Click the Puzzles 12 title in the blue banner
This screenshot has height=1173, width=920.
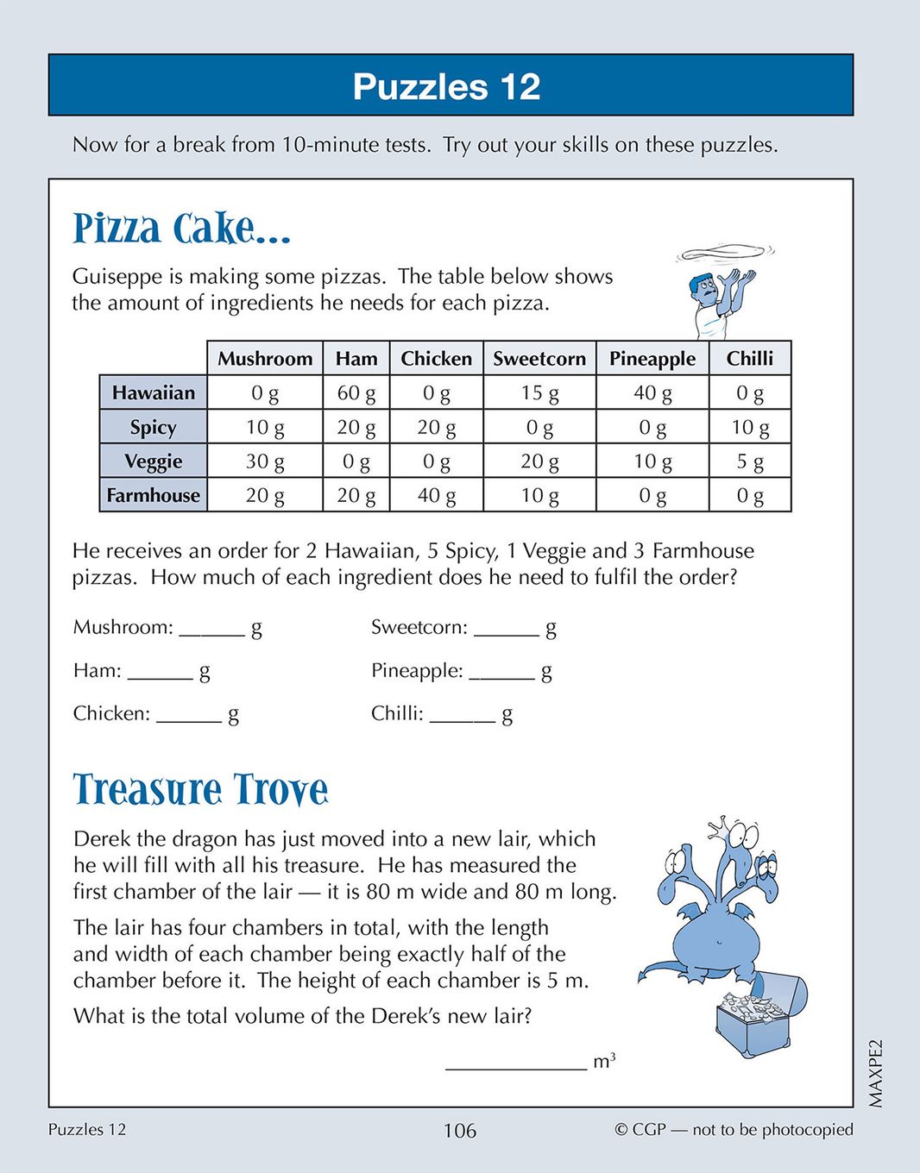click(x=446, y=86)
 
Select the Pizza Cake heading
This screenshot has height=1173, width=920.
click(x=181, y=229)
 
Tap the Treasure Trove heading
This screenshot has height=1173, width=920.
click(x=200, y=789)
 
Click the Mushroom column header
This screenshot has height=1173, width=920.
click(x=265, y=359)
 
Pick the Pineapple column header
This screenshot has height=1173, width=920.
click(x=652, y=359)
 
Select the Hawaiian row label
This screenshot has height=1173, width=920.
click(x=154, y=393)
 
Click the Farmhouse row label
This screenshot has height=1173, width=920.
click(x=154, y=495)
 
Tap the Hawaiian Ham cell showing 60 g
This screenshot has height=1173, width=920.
click(x=356, y=393)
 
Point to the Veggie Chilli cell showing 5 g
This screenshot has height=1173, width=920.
click(x=750, y=461)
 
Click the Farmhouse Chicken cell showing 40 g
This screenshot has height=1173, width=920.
click(x=437, y=495)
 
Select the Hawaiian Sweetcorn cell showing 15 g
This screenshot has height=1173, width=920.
click(x=539, y=393)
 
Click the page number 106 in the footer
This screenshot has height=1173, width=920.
click(x=459, y=1130)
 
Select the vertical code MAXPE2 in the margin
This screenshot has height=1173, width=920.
click(x=876, y=1073)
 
